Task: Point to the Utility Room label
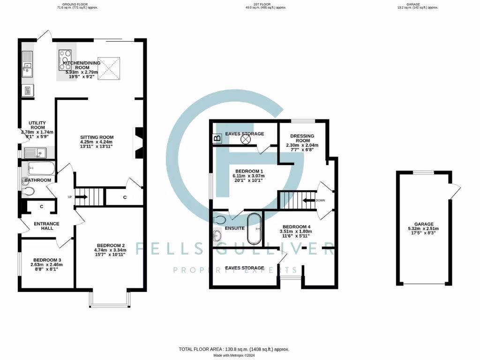pos(37,125)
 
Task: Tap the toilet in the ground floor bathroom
pos(28,191)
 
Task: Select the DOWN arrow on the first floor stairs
pos(309,200)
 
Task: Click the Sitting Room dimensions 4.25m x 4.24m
pos(97,142)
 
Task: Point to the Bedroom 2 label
pos(111,246)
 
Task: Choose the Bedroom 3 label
pos(46,260)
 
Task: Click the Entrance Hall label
pos(46,224)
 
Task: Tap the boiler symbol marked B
pos(217,138)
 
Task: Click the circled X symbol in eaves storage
pos(247,139)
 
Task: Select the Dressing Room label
pos(302,138)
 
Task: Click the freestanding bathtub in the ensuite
pos(255,229)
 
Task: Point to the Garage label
pos(424,224)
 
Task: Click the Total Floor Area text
pos(234,349)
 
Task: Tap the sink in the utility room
pos(37,152)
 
